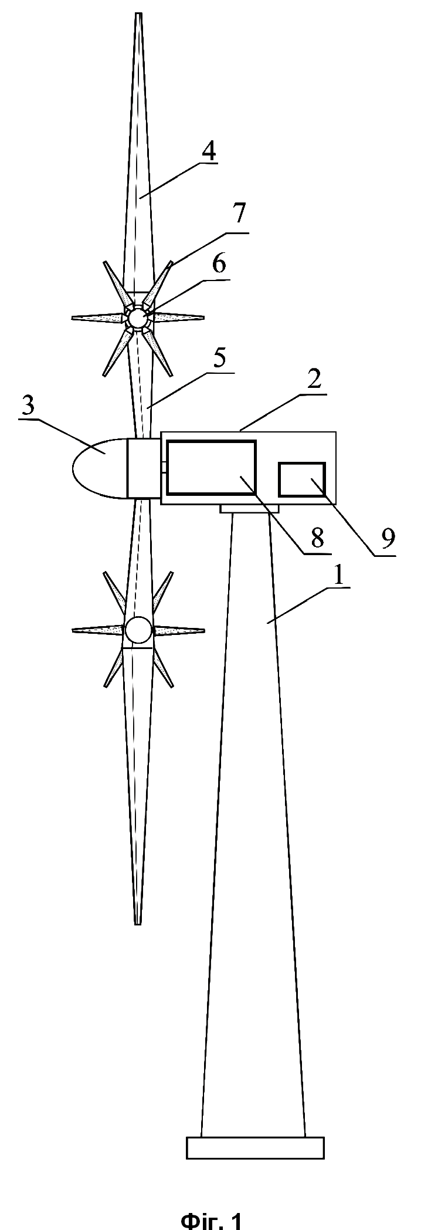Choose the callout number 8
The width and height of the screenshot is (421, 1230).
317,538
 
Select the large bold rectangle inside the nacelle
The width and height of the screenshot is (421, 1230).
212,467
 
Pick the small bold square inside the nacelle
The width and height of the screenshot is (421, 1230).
301,479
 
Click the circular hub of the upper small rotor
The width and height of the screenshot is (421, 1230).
138,317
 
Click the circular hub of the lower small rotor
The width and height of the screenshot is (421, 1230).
138,630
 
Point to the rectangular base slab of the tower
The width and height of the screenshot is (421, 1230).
255,1148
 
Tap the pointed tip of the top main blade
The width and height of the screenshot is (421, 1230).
138,13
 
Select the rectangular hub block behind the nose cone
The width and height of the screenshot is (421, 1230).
144,468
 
